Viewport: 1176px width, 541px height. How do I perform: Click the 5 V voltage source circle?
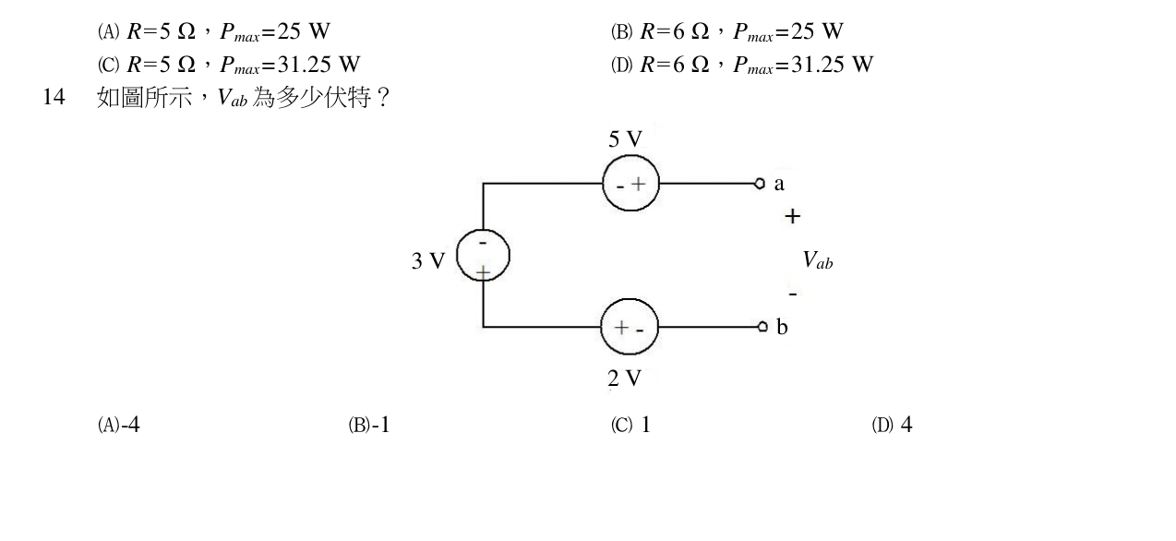[603, 184]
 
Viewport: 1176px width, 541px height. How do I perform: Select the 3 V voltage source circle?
[457, 256]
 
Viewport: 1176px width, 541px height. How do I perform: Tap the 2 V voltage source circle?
[601, 327]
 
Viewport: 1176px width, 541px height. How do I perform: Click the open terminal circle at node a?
[759, 184]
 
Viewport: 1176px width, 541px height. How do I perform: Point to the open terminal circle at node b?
[762, 327]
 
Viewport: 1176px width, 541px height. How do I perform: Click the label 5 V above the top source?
[625, 139]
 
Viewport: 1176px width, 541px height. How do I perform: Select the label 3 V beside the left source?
[428, 260]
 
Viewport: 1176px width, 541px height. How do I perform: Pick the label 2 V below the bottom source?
[625, 379]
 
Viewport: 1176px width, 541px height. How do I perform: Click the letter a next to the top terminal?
[779, 184]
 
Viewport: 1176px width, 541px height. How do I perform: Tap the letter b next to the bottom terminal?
[782, 327]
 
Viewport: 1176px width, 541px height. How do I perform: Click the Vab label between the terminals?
[818, 260]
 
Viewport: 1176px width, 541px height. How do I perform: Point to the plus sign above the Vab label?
[793, 216]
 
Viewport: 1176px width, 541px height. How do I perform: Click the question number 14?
[54, 97]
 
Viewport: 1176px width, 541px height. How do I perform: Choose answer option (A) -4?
[119, 425]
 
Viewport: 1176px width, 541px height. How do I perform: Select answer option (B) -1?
[369, 425]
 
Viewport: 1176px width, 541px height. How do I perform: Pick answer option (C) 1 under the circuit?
[630, 425]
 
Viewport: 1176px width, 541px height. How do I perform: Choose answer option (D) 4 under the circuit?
[892, 425]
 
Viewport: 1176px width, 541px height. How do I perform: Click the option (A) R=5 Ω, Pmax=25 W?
[213, 31]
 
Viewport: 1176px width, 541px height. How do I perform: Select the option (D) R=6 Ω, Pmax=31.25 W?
[742, 65]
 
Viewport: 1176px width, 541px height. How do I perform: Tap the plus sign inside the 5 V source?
[638, 184]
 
